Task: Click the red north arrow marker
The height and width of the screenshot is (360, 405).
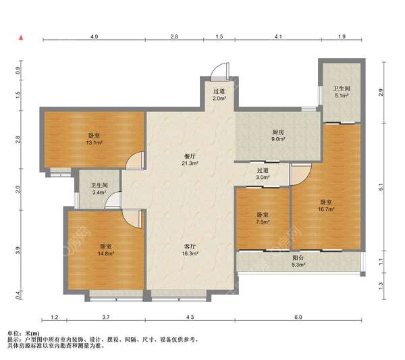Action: coord(22,38)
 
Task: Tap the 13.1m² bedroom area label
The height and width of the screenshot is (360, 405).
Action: coord(94,138)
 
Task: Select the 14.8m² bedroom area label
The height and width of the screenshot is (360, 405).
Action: coord(106,250)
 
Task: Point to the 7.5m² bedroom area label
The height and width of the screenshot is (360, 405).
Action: coord(263,218)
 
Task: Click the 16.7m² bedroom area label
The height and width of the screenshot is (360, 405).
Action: coord(326,206)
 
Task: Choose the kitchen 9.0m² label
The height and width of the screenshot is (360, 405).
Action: coord(278,136)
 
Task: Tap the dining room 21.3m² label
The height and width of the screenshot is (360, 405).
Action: coord(190,159)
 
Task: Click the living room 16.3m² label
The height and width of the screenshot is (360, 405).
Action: coord(190,250)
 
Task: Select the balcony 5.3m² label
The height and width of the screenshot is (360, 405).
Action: coord(298,261)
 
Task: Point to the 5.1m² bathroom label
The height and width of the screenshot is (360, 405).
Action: coord(342,92)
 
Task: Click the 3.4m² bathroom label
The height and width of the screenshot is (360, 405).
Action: coord(99,188)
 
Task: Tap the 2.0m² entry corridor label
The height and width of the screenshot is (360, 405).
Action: coord(219,95)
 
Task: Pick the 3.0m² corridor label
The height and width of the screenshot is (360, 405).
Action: coord(263,174)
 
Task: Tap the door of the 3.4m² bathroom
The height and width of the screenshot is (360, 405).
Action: coord(113,200)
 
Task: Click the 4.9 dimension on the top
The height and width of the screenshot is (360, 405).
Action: coord(94,36)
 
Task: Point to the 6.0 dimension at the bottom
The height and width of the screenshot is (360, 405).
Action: coord(298,317)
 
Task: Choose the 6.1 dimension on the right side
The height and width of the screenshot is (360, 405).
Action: coord(381,186)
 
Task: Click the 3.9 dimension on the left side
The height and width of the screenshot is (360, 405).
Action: coord(18,250)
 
